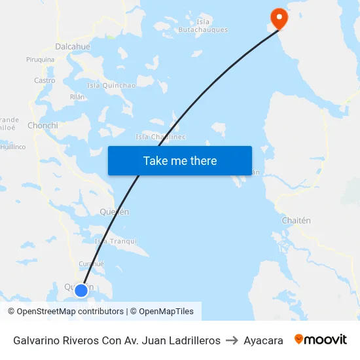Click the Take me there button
[x=180, y=160]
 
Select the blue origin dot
[x=81, y=290]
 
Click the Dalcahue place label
[x=73, y=46]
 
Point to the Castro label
[x=45, y=81]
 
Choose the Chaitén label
[x=296, y=221]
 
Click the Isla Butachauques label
[x=203, y=26]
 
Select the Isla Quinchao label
[x=111, y=85]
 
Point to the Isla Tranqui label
[x=116, y=241]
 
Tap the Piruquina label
[x=40, y=60]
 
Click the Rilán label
[x=77, y=96]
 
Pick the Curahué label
[x=92, y=264]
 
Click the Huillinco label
[x=13, y=147]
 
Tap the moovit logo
[x=321, y=339]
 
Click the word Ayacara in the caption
[x=263, y=340]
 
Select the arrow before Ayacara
[x=232, y=340]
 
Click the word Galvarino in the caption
[x=38, y=340]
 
